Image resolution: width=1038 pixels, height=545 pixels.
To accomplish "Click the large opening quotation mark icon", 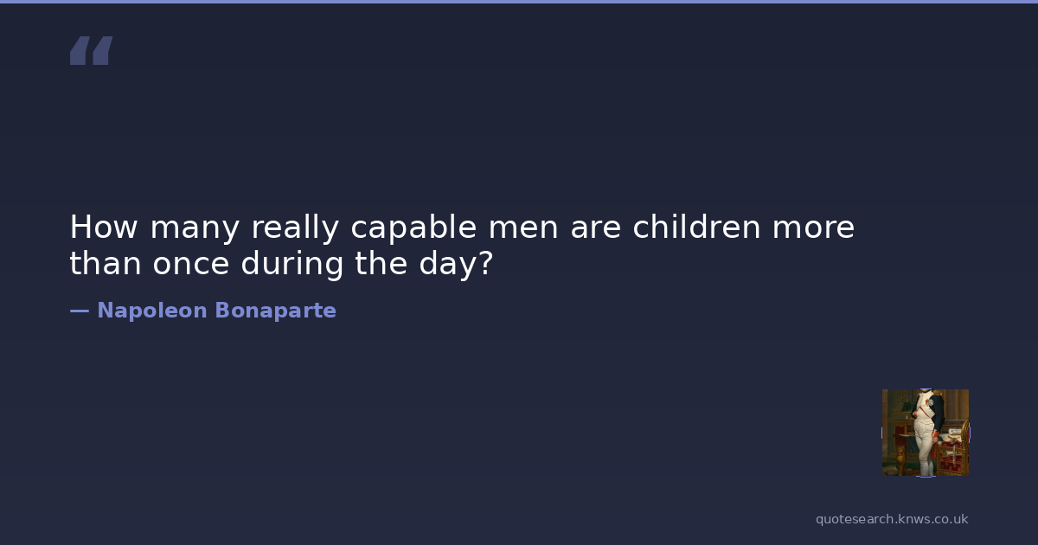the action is tap(92, 50).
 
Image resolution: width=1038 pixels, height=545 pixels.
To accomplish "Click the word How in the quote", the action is tap(104, 227).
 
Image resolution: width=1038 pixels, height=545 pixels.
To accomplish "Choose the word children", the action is tap(697, 227).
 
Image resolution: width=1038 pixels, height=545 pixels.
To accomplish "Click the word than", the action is tap(106, 263).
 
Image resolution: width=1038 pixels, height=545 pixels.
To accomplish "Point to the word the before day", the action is tap(381, 263).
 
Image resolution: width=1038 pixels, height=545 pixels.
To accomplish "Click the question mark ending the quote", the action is tap(484, 263).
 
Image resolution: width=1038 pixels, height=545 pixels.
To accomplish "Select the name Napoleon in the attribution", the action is tap(152, 311).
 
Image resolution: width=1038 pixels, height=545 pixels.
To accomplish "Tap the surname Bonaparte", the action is tap(276, 311).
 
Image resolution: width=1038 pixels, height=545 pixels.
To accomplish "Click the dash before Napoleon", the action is tap(80, 311).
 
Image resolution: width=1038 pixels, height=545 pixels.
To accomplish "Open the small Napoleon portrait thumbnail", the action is tap(926, 433).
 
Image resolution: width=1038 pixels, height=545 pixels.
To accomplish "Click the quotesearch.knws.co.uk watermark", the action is tap(892, 519).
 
